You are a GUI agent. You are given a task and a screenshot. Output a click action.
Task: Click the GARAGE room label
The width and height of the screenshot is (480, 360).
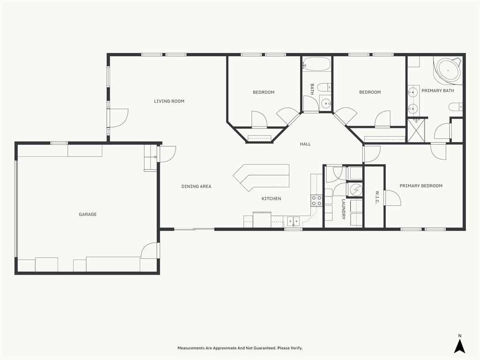88,214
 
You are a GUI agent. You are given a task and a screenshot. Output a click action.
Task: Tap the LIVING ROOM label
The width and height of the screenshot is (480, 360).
169,101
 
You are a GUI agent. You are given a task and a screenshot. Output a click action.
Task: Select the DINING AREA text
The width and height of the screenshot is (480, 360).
196,186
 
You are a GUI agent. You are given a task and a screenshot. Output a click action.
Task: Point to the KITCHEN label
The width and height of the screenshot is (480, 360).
271,199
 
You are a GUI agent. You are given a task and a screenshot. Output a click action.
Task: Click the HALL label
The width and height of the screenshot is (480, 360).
305,144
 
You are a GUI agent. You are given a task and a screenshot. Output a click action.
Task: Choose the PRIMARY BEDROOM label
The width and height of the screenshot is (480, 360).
421,186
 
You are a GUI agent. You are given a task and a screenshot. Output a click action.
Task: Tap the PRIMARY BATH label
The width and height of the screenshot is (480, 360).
438,90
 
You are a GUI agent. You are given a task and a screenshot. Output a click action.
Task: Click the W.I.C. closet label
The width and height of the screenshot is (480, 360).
377,198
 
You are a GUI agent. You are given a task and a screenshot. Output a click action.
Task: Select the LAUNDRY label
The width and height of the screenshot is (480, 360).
344,210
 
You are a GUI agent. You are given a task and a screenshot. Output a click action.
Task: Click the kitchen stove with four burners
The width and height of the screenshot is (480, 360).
316,201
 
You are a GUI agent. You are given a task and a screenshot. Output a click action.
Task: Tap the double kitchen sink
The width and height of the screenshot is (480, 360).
293,221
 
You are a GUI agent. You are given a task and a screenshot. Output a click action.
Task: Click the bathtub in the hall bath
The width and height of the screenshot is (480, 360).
316,64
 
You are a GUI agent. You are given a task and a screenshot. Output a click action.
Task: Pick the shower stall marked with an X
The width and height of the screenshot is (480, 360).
417,130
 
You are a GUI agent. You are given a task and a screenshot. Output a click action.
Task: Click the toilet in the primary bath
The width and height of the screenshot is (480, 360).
456,107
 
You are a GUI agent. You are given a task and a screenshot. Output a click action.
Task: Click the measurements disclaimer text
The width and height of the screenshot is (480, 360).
240,348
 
